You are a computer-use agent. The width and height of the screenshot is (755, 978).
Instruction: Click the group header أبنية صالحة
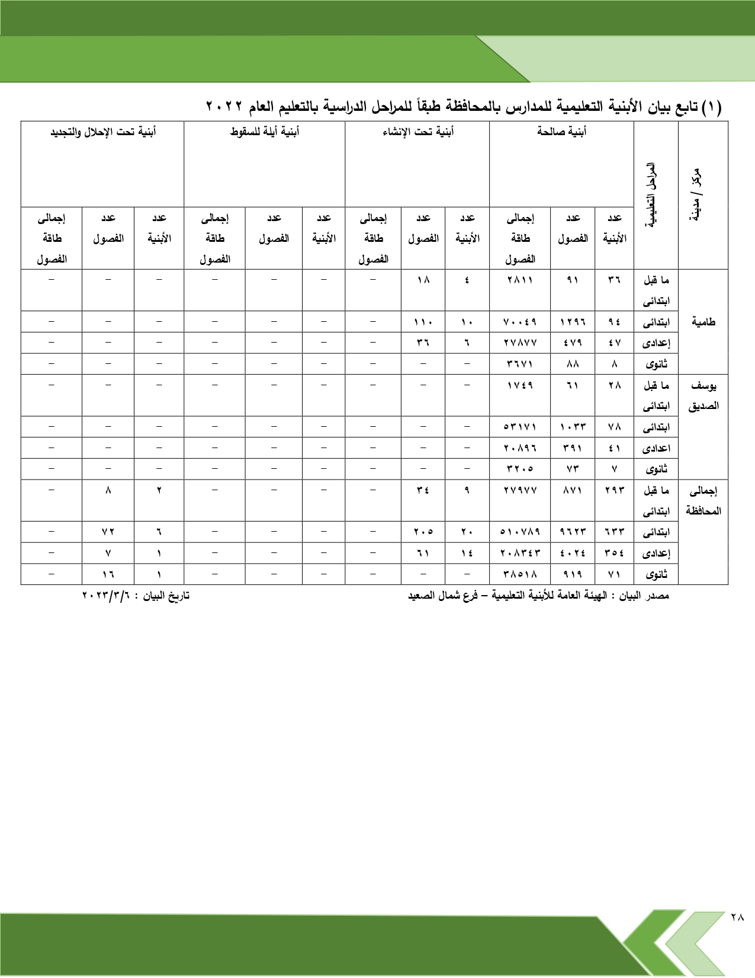tap(561, 132)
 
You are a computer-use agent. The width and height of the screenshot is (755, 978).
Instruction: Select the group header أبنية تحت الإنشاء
tap(417, 132)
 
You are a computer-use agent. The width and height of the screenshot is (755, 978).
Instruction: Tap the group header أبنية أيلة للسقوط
tap(265, 132)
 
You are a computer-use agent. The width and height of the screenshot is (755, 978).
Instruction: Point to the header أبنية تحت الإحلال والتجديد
tap(102, 132)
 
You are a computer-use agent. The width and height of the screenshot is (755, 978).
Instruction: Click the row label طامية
tap(703, 322)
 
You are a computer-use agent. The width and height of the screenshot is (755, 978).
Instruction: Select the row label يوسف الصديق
tap(703, 395)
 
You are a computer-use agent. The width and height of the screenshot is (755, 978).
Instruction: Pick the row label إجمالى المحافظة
tap(703, 500)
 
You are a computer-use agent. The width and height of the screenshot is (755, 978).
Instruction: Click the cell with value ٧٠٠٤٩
tap(520, 322)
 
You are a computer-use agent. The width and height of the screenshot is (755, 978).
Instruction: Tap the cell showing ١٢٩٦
tap(573, 322)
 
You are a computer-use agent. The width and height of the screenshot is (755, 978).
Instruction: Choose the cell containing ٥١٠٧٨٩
tap(520, 532)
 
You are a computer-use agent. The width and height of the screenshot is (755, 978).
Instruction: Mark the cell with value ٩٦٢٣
tap(573, 532)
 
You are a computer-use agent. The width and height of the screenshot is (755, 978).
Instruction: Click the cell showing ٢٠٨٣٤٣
tap(520, 553)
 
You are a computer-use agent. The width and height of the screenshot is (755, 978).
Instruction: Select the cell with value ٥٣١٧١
tap(520, 427)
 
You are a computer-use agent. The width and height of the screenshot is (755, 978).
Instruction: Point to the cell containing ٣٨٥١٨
tap(520, 574)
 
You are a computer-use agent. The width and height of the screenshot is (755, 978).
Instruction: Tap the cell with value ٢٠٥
tap(423, 532)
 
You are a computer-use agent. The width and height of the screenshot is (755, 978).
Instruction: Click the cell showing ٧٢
tap(108, 532)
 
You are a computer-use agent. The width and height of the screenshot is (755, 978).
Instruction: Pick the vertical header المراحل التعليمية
tap(655, 196)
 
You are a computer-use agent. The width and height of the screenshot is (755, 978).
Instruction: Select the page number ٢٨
tap(737, 934)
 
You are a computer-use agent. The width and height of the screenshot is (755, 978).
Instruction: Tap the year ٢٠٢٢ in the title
tap(224, 107)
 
